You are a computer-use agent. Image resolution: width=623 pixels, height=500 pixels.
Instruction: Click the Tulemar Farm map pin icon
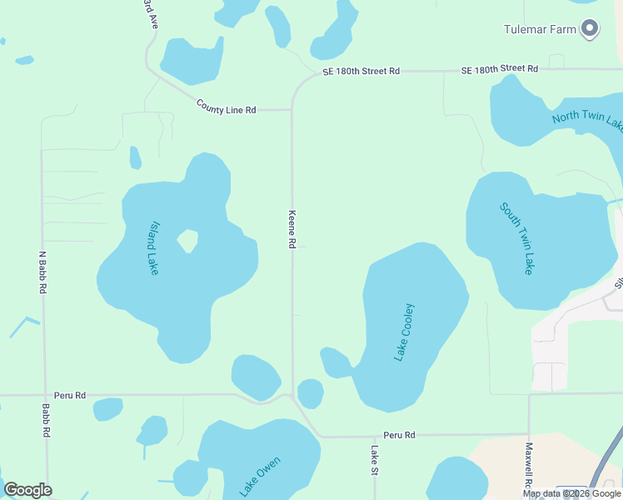(590, 29)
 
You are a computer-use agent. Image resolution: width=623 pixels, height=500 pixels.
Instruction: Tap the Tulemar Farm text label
(541, 29)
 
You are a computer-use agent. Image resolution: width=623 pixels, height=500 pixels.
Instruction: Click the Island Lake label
(153, 248)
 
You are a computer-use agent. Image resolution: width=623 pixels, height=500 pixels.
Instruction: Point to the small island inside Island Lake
(188, 241)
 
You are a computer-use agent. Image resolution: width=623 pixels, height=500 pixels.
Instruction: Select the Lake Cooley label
(404, 332)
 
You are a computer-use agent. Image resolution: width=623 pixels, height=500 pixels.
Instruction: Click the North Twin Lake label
(587, 119)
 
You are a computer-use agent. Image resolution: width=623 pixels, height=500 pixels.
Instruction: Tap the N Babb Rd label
(42, 272)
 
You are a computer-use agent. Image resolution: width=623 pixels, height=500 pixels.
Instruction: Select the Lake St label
(375, 460)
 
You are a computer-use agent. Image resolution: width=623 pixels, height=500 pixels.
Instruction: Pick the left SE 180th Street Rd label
(361, 72)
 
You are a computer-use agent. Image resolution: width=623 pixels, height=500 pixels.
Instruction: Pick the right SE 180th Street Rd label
(500, 68)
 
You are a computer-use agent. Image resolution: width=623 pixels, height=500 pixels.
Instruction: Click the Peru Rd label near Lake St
(399, 435)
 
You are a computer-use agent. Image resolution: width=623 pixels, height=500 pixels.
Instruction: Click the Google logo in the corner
(27, 490)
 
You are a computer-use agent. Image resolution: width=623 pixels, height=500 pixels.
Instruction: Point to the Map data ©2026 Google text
(571, 493)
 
